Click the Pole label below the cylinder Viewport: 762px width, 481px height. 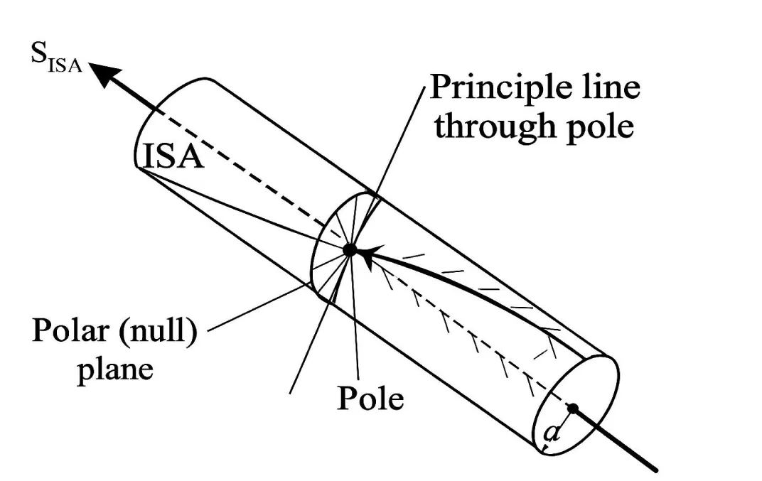pyautogui.click(x=370, y=399)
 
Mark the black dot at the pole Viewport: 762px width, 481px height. pyautogui.click(x=350, y=249)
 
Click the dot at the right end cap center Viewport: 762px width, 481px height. pyautogui.click(x=573, y=408)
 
